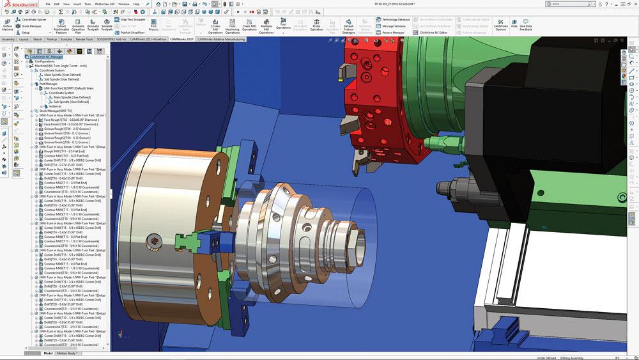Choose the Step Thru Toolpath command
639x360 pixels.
132,20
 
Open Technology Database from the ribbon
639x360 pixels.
396,20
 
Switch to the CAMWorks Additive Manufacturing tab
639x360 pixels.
220,39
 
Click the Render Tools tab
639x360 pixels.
84,39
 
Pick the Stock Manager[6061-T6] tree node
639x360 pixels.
57,111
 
